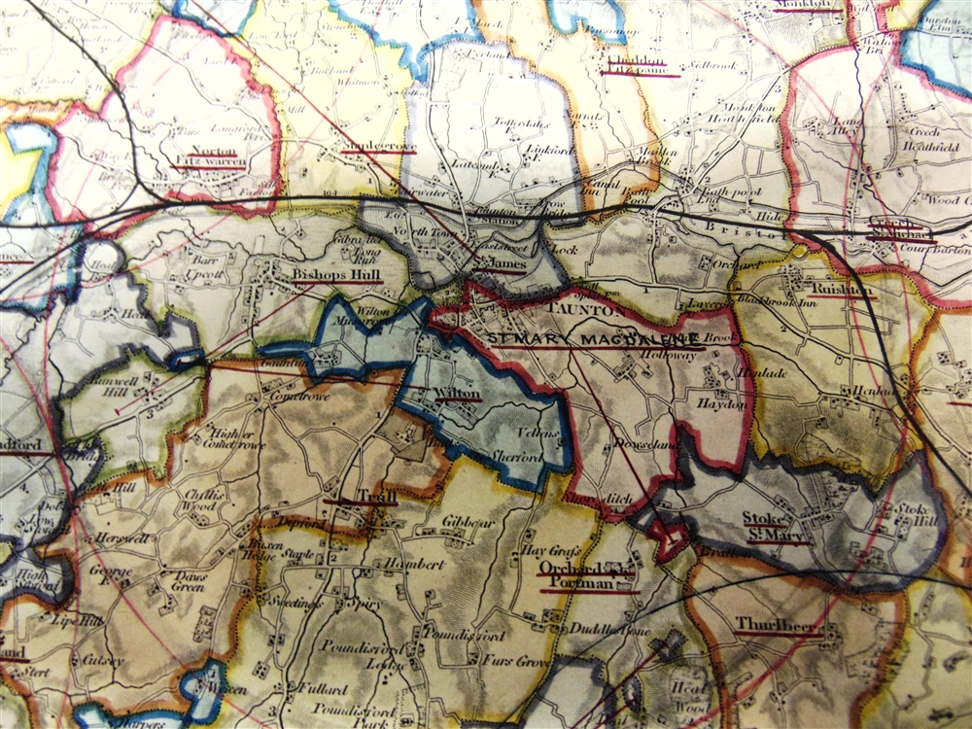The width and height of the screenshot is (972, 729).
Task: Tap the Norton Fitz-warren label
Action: [x=207, y=157]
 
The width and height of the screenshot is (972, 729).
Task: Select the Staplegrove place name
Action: [x=377, y=147]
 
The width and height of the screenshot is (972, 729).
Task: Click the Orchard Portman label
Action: [x=578, y=575]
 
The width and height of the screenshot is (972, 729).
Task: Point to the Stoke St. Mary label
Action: [x=776, y=527]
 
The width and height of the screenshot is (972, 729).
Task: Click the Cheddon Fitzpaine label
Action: [x=630, y=64]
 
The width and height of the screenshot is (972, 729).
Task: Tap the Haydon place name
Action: [x=720, y=403]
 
